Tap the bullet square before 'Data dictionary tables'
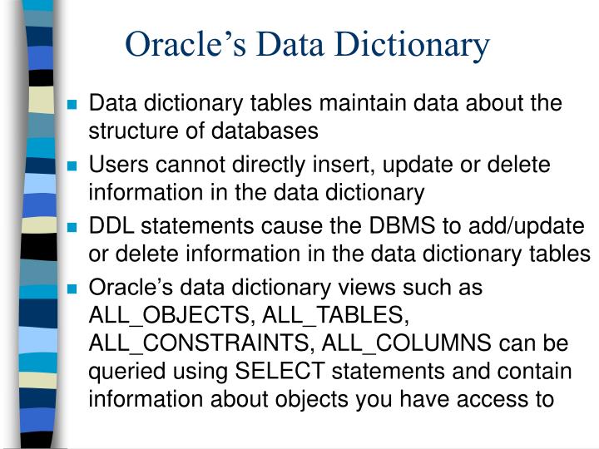[72, 106]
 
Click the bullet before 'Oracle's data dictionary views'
[72, 289]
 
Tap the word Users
[114, 165]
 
